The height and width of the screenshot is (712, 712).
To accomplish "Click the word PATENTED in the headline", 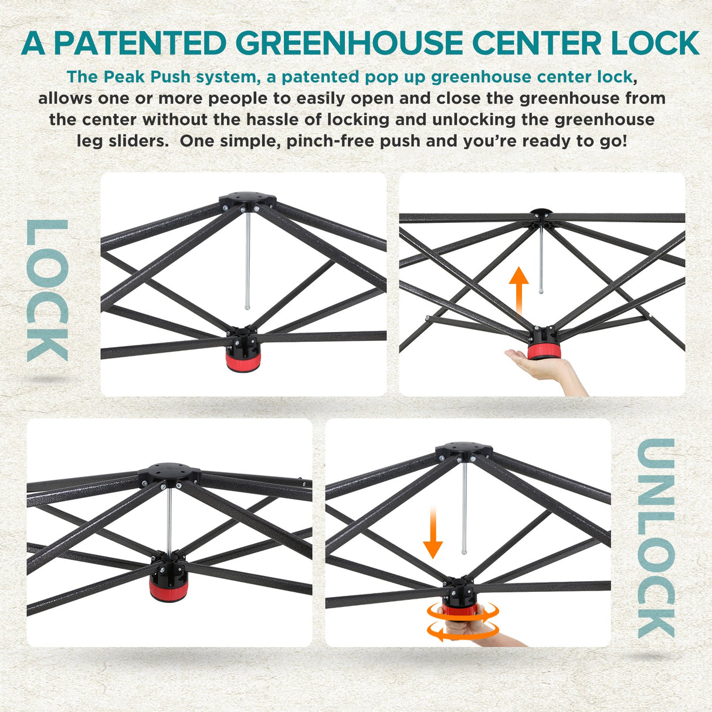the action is point(140,43).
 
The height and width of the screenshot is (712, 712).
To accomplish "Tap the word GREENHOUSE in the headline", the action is point(349,43).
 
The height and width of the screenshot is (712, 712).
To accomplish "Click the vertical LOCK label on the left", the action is point(48,290).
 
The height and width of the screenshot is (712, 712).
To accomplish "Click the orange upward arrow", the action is point(519,291).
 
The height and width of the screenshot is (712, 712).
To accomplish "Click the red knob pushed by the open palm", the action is point(544,351).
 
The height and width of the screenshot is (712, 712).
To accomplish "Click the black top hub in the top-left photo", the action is point(247,200).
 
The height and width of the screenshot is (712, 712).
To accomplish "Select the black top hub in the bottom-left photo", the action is point(170,473).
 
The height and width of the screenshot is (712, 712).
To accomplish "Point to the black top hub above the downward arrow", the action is point(464,452).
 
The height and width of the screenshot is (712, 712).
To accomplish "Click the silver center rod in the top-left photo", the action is point(247,259).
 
